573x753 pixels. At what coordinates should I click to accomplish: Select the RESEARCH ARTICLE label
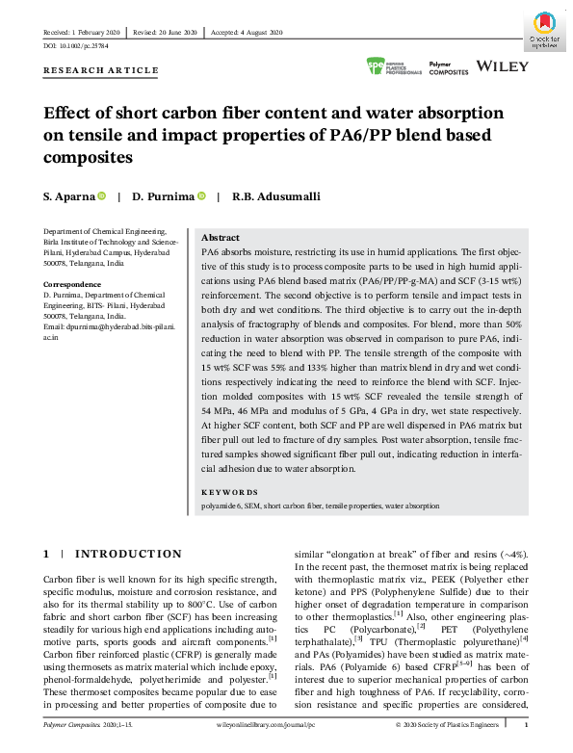(101, 70)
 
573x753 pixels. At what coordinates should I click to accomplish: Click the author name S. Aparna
(68, 196)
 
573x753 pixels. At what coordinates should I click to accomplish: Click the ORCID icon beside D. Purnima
(202, 196)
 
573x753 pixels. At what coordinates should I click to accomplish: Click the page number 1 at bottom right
(524, 743)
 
